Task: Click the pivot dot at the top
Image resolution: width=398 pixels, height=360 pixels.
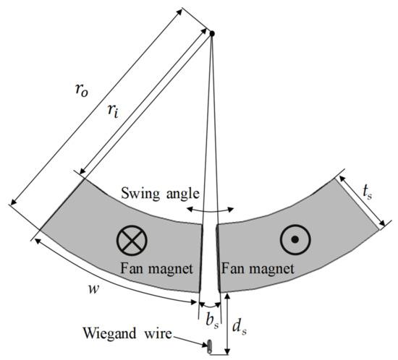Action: (x=212, y=33)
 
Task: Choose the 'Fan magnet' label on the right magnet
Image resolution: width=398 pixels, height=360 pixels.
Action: (x=258, y=267)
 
